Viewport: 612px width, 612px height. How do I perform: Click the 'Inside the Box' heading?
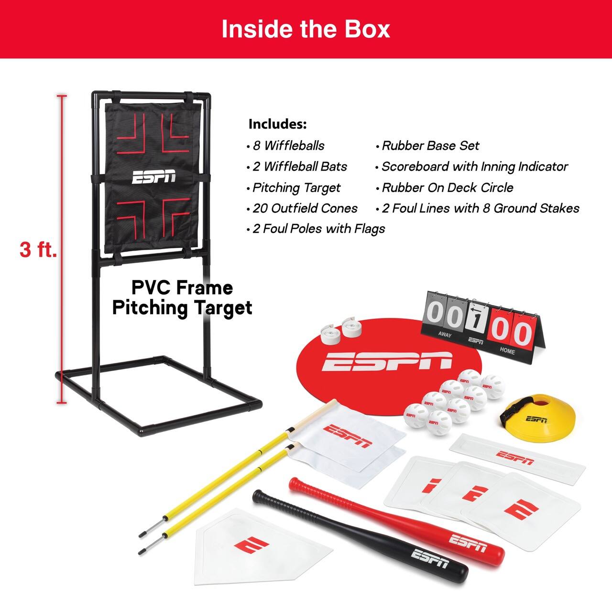[306, 29]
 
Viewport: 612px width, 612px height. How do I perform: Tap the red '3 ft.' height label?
[38, 249]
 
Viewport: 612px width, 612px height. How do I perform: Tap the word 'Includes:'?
[277, 124]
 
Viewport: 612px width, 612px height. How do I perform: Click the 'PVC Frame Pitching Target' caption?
[182, 297]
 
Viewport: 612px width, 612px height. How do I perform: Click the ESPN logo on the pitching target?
[154, 177]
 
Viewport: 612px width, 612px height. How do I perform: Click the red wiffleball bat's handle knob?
[293, 481]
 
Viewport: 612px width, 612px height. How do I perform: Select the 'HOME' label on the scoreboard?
[507, 350]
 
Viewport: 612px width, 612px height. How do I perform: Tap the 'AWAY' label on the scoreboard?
[445, 335]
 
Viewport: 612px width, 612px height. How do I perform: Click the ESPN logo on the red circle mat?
[386, 361]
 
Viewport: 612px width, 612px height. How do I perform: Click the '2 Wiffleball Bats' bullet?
[300, 167]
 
